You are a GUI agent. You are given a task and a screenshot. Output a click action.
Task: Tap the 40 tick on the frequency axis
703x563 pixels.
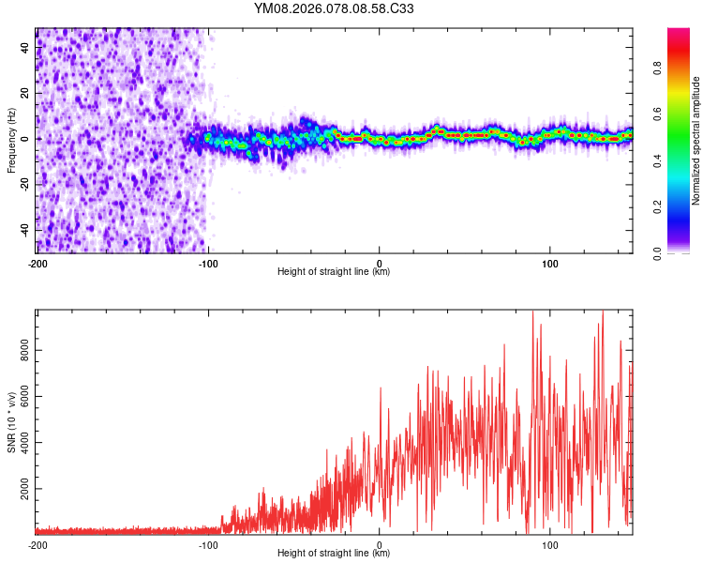[25, 47]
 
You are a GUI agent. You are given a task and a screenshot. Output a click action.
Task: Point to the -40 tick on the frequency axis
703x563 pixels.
[25, 230]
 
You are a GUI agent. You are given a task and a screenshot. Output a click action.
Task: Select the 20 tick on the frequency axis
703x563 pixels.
[25, 93]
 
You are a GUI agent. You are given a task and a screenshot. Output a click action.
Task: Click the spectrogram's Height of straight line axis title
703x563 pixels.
[334, 272]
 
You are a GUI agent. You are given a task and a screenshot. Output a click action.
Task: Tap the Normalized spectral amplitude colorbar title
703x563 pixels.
[696, 141]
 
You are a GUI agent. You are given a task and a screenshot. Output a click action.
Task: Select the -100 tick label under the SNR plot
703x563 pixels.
[208, 543]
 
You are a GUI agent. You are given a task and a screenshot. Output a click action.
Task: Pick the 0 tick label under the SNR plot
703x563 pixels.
[380, 543]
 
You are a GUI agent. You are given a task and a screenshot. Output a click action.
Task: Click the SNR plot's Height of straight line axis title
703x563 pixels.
[334, 554]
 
